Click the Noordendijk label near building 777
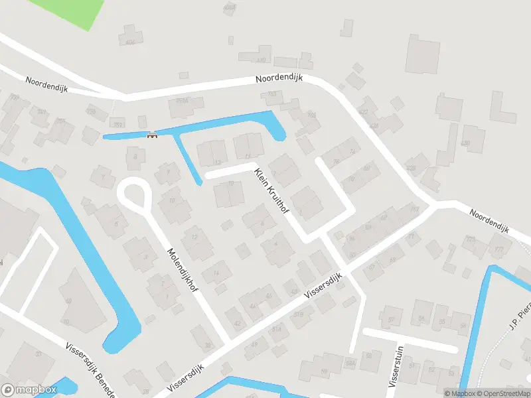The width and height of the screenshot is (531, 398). click(x=488, y=221)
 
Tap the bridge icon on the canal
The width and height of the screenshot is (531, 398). click(x=152, y=135)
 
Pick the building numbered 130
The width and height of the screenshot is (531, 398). click(x=465, y=143)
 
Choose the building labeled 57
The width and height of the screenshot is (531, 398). click(x=391, y=320)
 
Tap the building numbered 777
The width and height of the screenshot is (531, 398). click(x=498, y=249)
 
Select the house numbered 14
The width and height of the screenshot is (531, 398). click(x=216, y=273)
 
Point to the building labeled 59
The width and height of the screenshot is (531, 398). click(x=324, y=371)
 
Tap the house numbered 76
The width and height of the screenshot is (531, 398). click(x=337, y=161)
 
